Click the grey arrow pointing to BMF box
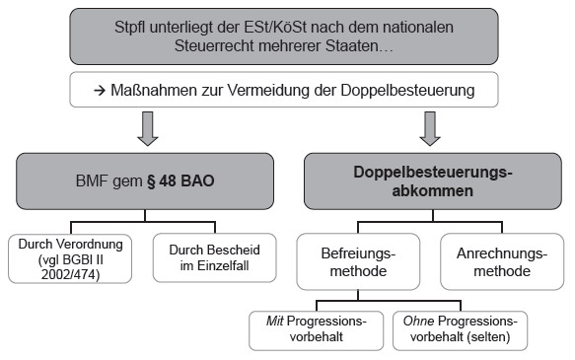pyautogui.click(x=147, y=128)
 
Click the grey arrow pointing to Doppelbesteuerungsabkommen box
pyautogui.click(x=430, y=128)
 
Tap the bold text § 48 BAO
pyautogui.click(x=180, y=181)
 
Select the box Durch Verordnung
pyautogui.click(x=70, y=258)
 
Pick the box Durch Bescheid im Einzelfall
pyautogui.click(x=215, y=257)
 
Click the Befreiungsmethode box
pyautogui.click(x=358, y=261)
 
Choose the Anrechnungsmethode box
pyautogui.click(x=502, y=261)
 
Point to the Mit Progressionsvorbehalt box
pyautogui.click(x=317, y=330)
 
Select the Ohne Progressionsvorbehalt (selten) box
pyautogui.click(x=461, y=330)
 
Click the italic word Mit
pyautogui.click(x=274, y=322)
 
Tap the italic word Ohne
pyautogui.click(x=418, y=322)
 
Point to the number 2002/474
pyautogui.click(x=70, y=274)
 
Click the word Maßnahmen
pyautogui.click(x=154, y=90)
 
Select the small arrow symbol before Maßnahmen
pyautogui.click(x=100, y=90)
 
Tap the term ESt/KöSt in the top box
pyautogui.click(x=274, y=28)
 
